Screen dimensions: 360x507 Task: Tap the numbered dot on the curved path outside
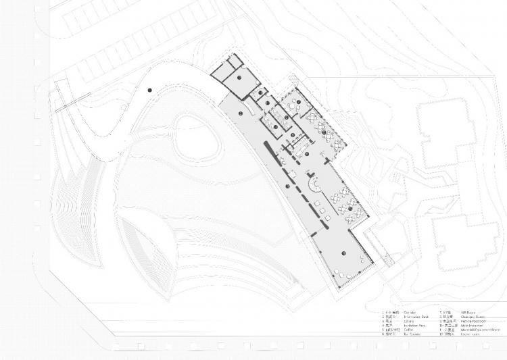coord(149,90)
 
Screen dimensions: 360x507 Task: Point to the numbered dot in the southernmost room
coord(343,253)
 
